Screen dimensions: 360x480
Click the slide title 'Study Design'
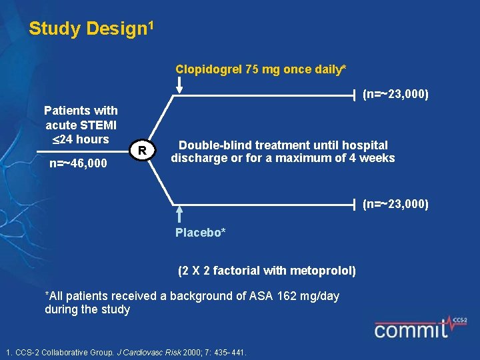pyautogui.click(x=88, y=29)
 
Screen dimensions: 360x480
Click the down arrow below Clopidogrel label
pyautogui.click(x=179, y=85)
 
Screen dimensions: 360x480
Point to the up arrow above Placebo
pyautogui.click(x=179, y=214)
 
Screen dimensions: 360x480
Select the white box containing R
pyautogui.click(x=143, y=151)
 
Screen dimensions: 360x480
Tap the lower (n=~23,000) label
pyautogui.click(x=395, y=204)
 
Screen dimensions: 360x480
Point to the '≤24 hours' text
pyautogui.click(x=80, y=139)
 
